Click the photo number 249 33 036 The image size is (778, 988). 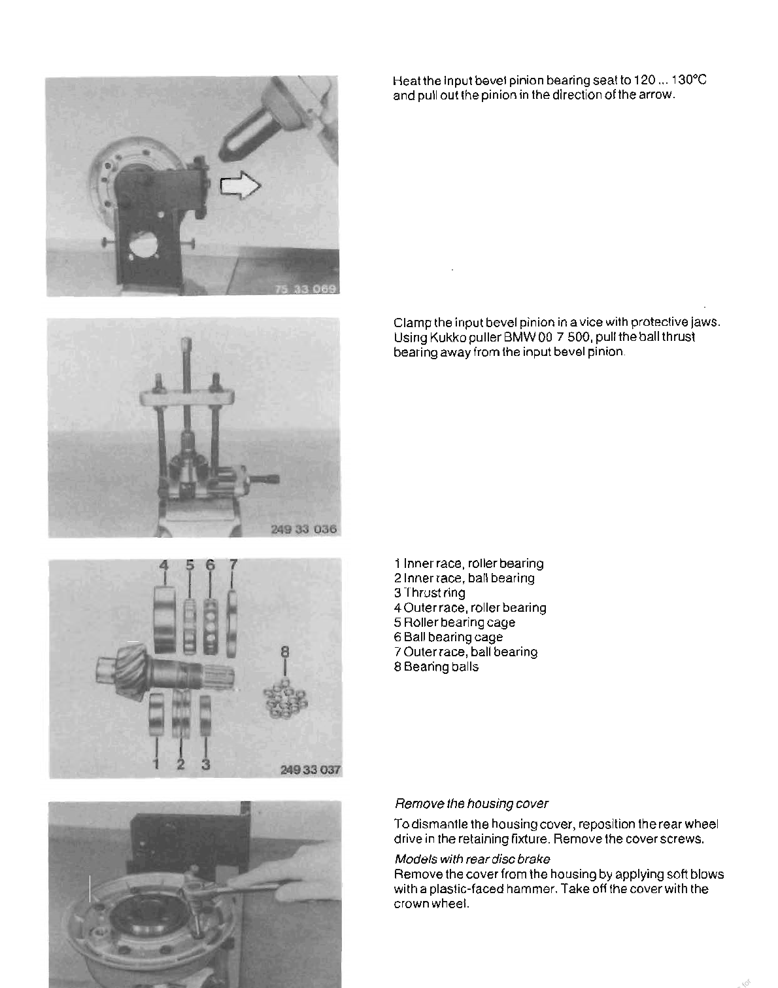tap(304, 529)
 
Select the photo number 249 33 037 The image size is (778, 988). tap(311, 770)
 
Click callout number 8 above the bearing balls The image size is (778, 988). tap(284, 652)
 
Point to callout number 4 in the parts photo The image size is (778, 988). tap(164, 565)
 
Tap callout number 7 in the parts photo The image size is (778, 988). tap(233, 565)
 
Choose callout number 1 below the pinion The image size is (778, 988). tap(156, 763)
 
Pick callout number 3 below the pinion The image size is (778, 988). tap(205, 763)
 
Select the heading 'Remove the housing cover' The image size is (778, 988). tap(471, 803)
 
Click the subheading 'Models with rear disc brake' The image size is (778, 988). tap(472, 859)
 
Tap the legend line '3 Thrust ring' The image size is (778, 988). tap(430, 593)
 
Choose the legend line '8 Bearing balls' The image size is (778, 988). tap(436, 667)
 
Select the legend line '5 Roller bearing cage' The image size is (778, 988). tap(454, 622)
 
